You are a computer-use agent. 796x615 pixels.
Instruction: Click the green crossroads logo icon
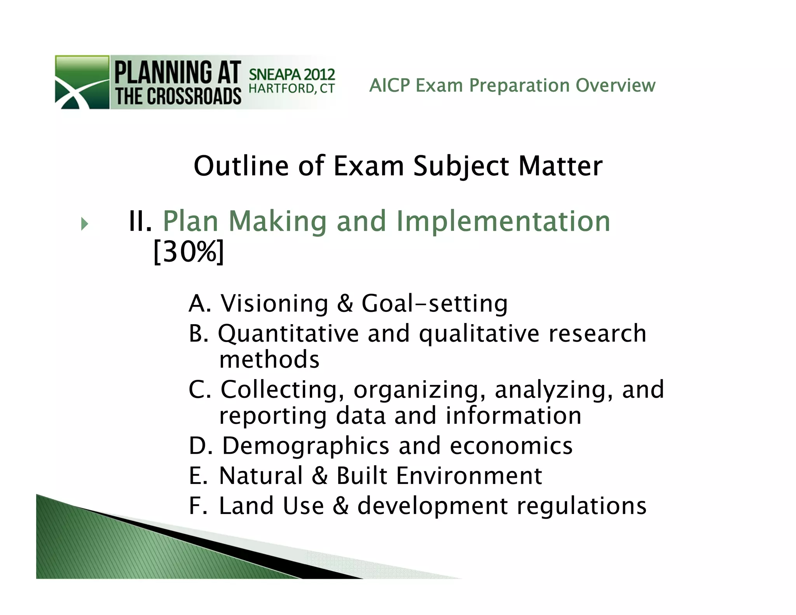click(x=82, y=82)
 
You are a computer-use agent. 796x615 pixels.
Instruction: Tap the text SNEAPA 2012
click(x=292, y=74)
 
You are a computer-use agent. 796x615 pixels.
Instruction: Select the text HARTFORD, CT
click(x=292, y=89)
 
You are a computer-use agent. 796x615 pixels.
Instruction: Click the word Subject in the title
click(x=461, y=166)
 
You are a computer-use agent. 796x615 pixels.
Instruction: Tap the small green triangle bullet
click(x=85, y=224)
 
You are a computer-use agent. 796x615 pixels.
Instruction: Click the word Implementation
click(x=503, y=222)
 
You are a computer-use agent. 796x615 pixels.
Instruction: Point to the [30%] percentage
click(x=189, y=252)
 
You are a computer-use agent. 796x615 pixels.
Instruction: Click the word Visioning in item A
click(x=275, y=303)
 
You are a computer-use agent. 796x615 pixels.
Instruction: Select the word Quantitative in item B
click(x=288, y=334)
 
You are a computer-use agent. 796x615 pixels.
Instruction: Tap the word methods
click(x=269, y=359)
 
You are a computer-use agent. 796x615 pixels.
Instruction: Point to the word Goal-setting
click(x=435, y=303)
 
